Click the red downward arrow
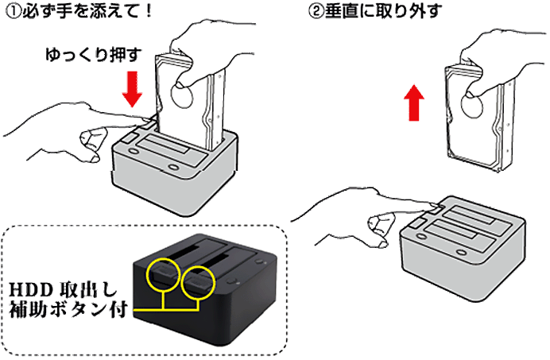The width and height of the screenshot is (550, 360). pyautogui.click(x=132, y=89)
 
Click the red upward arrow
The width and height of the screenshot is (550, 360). pyautogui.click(x=414, y=103)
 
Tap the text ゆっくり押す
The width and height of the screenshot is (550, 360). pyautogui.click(x=93, y=55)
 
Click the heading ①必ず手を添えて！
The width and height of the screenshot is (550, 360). pyautogui.click(x=79, y=11)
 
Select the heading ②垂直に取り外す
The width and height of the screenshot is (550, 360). pyautogui.click(x=375, y=11)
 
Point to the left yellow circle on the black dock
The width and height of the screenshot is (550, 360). pyautogui.click(x=163, y=275)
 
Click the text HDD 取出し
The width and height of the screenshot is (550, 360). pyautogui.click(x=63, y=289)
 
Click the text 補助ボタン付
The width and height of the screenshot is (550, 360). pyautogui.click(x=68, y=309)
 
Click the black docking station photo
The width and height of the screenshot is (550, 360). pyautogui.click(x=205, y=290)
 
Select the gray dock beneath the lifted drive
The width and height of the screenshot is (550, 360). pyautogui.click(x=463, y=247)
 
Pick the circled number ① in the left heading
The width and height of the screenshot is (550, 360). pyautogui.click(x=13, y=11)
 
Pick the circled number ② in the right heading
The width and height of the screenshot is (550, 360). pyautogui.click(x=316, y=11)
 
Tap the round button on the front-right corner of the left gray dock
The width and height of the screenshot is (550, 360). pyautogui.click(x=173, y=167)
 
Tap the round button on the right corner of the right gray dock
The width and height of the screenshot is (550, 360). pyautogui.click(x=461, y=252)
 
